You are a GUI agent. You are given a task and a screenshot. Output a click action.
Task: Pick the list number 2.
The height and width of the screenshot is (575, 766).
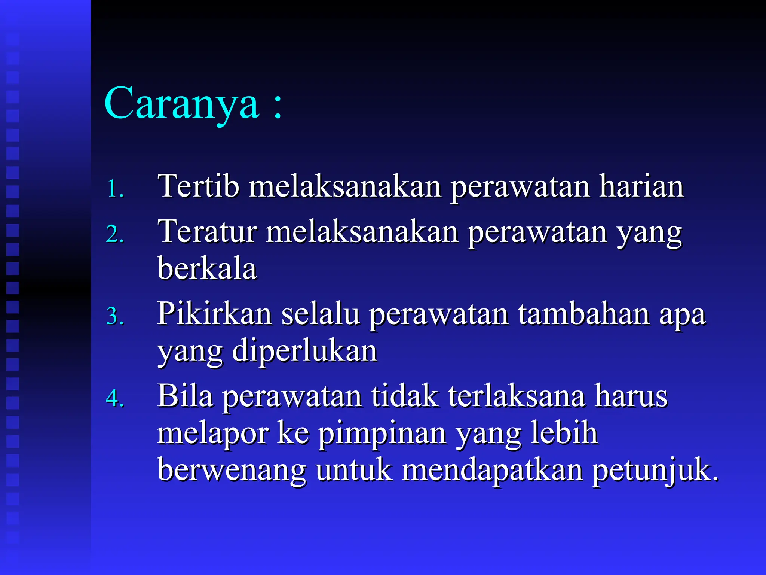pyautogui.click(x=114, y=234)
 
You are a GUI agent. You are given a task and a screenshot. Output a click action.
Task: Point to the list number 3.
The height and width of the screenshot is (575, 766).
pyautogui.click(x=114, y=316)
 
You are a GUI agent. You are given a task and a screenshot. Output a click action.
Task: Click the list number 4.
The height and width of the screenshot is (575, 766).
pyautogui.click(x=114, y=398)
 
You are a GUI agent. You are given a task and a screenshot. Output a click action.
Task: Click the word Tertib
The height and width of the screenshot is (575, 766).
pyautogui.click(x=198, y=186)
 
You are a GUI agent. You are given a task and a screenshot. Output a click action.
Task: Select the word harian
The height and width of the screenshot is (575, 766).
pyautogui.click(x=641, y=186)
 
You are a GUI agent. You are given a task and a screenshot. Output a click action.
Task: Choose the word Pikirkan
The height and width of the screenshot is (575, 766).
pyautogui.click(x=214, y=314)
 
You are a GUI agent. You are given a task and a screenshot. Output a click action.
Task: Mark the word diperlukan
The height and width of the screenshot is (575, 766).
pyautogui.click(x=304, y=351)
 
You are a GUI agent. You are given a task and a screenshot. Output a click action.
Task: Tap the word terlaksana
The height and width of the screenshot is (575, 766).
pyautogui.click(x=517, y=396)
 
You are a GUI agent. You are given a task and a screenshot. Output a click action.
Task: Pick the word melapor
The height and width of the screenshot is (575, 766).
pyautogui.click(x=213, y=433)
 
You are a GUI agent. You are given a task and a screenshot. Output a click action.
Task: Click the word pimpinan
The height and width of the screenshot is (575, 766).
pyautogui.click(x=382, y=434)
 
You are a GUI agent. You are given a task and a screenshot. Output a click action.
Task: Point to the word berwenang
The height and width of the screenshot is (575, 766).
pyautogui.click(x=232, y=470)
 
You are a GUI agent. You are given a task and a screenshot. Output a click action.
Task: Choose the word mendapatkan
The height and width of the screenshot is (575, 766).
pyautogui.click(x=492, y=470)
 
